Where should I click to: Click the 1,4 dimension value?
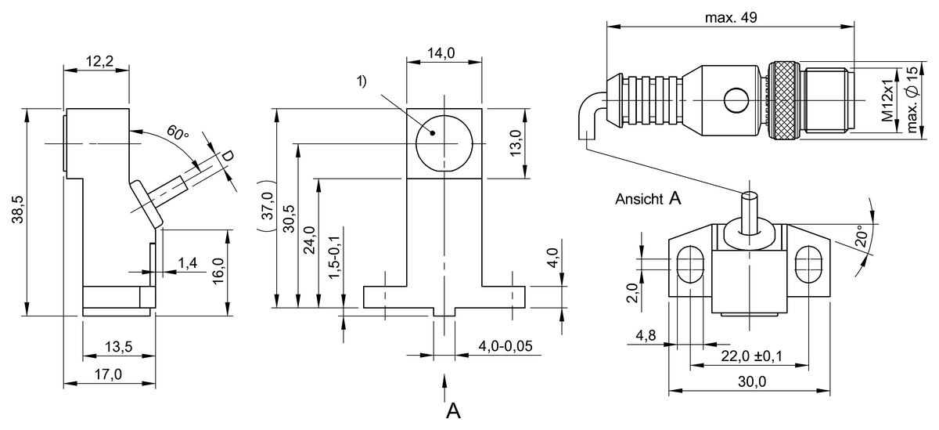[187, 262]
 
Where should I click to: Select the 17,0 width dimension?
[107, 374]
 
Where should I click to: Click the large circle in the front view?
[444, 143]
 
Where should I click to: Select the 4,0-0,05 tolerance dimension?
[501, 345]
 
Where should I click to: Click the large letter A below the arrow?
[452, 410]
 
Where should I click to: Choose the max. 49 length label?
[731, 17]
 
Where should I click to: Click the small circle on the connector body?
[736, 100]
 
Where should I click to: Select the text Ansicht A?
[648, 199]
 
